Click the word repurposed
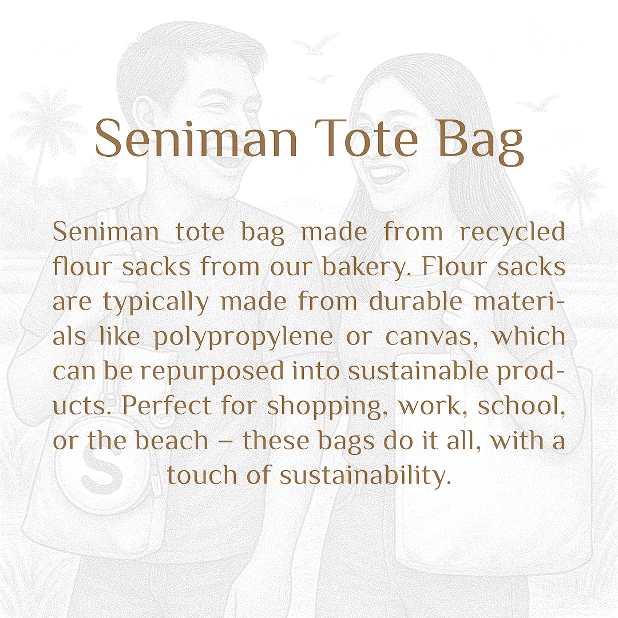(212, 372)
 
